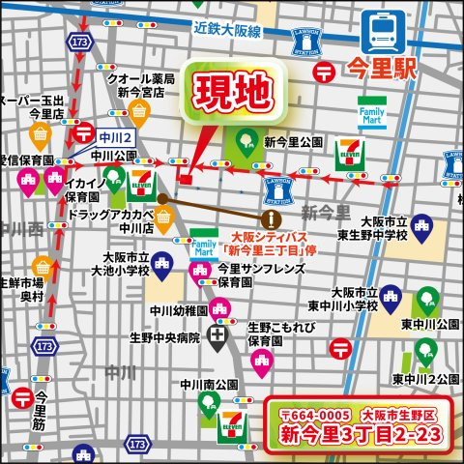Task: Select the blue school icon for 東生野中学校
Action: click(x=420, y=225)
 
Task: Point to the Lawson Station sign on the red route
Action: click(x=278, y=192)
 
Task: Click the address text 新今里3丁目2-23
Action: click(x=361, y=435)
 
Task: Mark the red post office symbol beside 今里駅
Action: click(x=326, y=70)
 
